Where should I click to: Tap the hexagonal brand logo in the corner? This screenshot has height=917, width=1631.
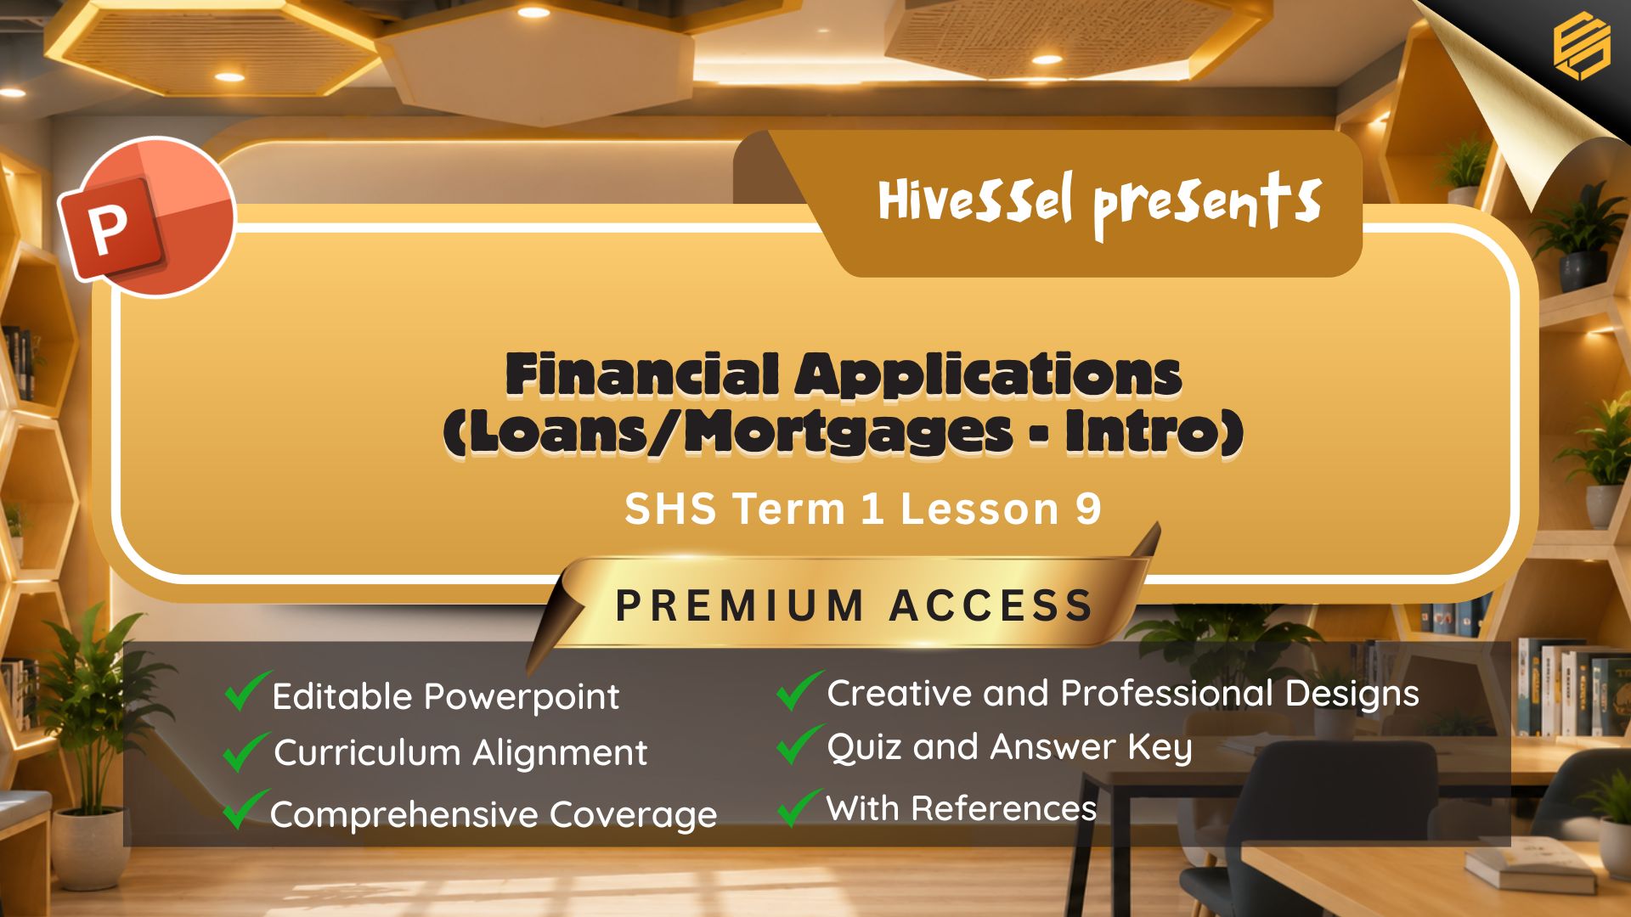[x=1582, y=46]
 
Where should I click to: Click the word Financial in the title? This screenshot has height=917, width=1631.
[x=643, y=374]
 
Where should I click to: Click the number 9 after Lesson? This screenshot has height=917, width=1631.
[x=1088, y=509]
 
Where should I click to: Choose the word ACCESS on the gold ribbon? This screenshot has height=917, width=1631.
[x=991, y=606]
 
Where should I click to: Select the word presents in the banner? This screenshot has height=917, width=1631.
[x=1207, y=205]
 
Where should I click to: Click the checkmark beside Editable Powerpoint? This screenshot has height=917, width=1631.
[x=247, y=690]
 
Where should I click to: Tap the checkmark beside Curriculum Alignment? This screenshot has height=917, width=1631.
[x=246, y=751]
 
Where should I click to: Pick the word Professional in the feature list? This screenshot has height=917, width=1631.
[x=1167, y=694]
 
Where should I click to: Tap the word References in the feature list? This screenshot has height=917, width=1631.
[x=1003, y=808]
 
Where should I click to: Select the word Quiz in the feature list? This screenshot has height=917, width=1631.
[x=865, y=748]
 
